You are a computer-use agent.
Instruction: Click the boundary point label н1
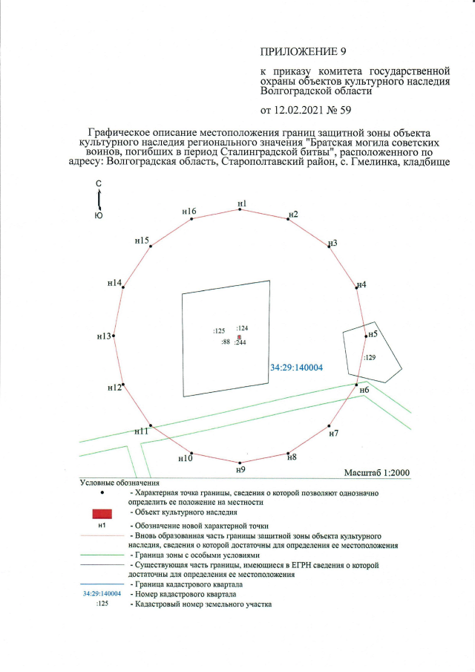click(x=241, y=203)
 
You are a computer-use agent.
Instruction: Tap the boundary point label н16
click(x=189, y=212)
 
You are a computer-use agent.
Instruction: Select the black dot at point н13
click(x=114, y=336)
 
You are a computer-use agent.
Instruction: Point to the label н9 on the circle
click(x=240, y=469)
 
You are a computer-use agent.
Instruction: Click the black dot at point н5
click(x=367, y=336)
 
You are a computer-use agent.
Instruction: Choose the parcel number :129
click(x=370, y=358)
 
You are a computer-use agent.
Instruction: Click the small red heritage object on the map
click(x=239, y=336)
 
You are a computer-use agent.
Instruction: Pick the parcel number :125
click(x=218, y=330)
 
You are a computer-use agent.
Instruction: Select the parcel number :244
click(x=240, y=342)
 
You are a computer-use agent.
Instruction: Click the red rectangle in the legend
click(x=102, y=514)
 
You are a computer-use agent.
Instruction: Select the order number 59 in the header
click(x=344, y=111)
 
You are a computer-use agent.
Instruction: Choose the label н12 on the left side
click(x=114, y=388)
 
